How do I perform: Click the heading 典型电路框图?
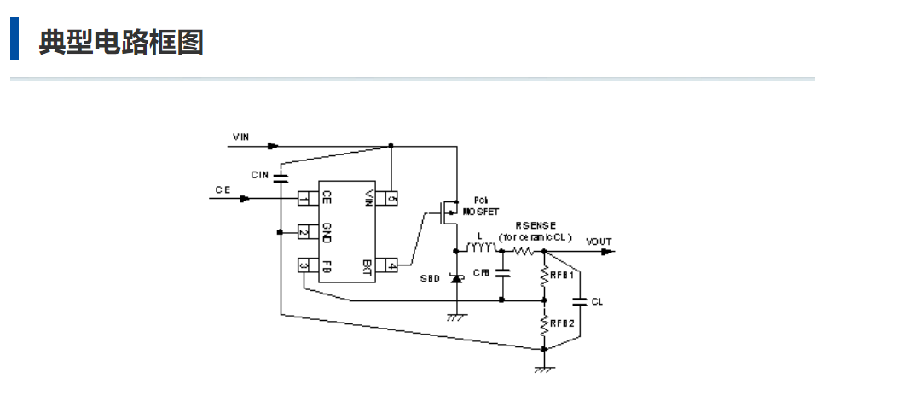click(x=120, y=41)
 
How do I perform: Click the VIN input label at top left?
click(x=241, y=137)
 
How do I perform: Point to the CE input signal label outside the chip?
click(x=223, y=190)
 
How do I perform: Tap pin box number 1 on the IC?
click(x=304, y=199)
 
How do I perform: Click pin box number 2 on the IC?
click(x=304, y=232)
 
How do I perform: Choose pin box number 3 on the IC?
click(x=304, y=265)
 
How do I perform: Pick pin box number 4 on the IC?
click(x=391, y=265)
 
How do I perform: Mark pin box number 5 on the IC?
click(x=391, y=199)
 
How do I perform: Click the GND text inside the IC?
click(x=326, y=232)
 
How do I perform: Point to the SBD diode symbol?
click(x=456, y=279)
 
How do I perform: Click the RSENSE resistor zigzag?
click(x=524, y=251)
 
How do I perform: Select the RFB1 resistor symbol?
click(x=544, y=276)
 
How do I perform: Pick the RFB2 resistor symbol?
click(x=544, y=324)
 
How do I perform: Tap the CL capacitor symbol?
click(x=580, y=300)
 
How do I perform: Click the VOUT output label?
click(x=599, y=242)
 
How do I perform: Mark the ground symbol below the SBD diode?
click(x=456, y=317)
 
